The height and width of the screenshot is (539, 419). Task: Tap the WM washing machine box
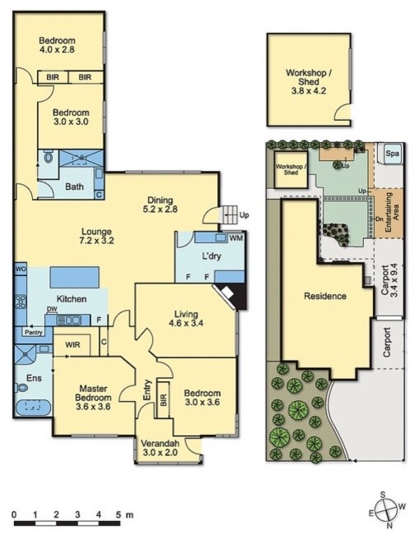[236, 239]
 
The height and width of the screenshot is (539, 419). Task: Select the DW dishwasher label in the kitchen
[52, 310]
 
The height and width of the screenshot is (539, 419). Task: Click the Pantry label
[34, 333]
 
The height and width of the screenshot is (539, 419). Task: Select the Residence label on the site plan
[324, 296]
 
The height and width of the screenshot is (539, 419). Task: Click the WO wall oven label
[21, 269]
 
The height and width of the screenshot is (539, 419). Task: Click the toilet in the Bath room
[48, 157]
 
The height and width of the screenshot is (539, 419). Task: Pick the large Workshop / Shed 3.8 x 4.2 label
[306, 78]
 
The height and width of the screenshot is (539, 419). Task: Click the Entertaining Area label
[392, 213]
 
